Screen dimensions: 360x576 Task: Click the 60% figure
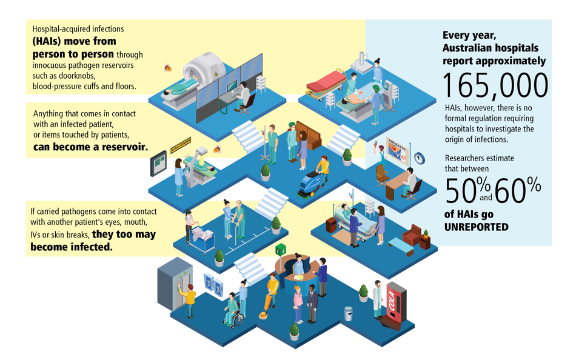click(517, 192)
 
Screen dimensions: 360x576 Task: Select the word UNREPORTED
click(476, 227)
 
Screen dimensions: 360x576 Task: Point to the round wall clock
click(420, 158)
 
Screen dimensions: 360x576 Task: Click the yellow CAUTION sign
click(168, 147)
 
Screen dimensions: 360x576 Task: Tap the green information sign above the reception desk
click(280, 250)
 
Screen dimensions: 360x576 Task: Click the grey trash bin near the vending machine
click(349, 313)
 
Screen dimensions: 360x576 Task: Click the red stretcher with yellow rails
click(326, 84)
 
